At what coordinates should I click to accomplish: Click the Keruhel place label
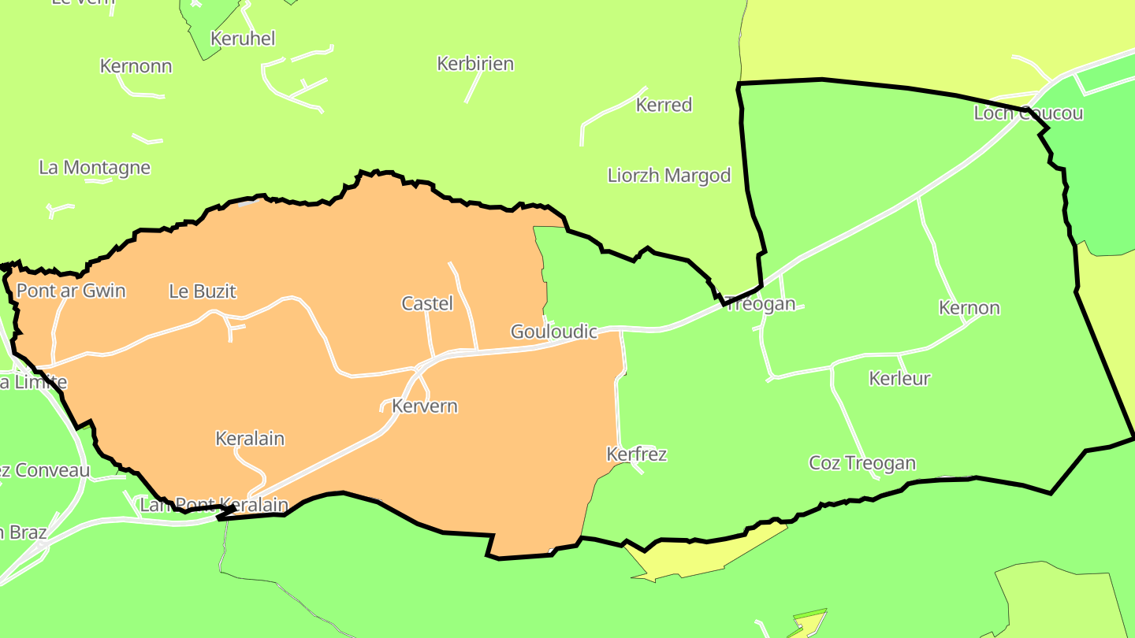[x=243, y=39]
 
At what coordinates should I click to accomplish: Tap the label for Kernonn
[x=136, y=66]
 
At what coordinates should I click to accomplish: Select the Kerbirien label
[x=475, y=64]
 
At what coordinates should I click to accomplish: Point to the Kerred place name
[x=664, y=105]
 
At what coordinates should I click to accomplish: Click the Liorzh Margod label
[x=669, y=175]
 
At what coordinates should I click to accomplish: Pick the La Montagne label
[x=95, y=168]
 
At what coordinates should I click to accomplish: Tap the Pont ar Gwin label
[x=71, y=291]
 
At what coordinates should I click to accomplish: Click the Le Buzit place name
[x=203, y=291]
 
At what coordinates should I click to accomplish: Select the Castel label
[x=427, y=303]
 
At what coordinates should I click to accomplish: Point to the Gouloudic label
[x=554, y=332]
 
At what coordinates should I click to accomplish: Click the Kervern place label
[x=425, y=406]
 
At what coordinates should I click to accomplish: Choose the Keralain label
[x=250, y=439]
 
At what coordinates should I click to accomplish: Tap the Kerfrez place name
[x=637, y=454]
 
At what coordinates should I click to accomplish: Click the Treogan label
[x=760, y=304]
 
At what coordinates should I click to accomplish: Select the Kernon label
[x=969, y=308]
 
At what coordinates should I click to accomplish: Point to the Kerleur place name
[x=899, y=379]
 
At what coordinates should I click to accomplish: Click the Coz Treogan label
[x=862, y=463]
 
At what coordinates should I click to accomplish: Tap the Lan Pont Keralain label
[x=214, y=505]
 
